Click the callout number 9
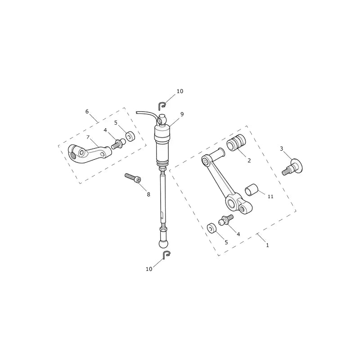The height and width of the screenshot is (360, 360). tap(182, 114)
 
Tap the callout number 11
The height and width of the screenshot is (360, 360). tap(270, 197)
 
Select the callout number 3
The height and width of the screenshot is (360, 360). tap(282, 149)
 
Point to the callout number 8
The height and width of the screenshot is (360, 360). tap(148, 194)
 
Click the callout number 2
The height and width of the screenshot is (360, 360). tap(249, 161)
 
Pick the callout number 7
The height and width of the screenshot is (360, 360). tap(88, 137)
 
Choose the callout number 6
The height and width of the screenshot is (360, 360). tap(87, 112)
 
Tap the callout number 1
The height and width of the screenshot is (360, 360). tap(267, 245)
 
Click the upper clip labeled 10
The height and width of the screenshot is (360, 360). tap(162, 106)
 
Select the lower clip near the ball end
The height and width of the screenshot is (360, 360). tap(166, 254)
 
